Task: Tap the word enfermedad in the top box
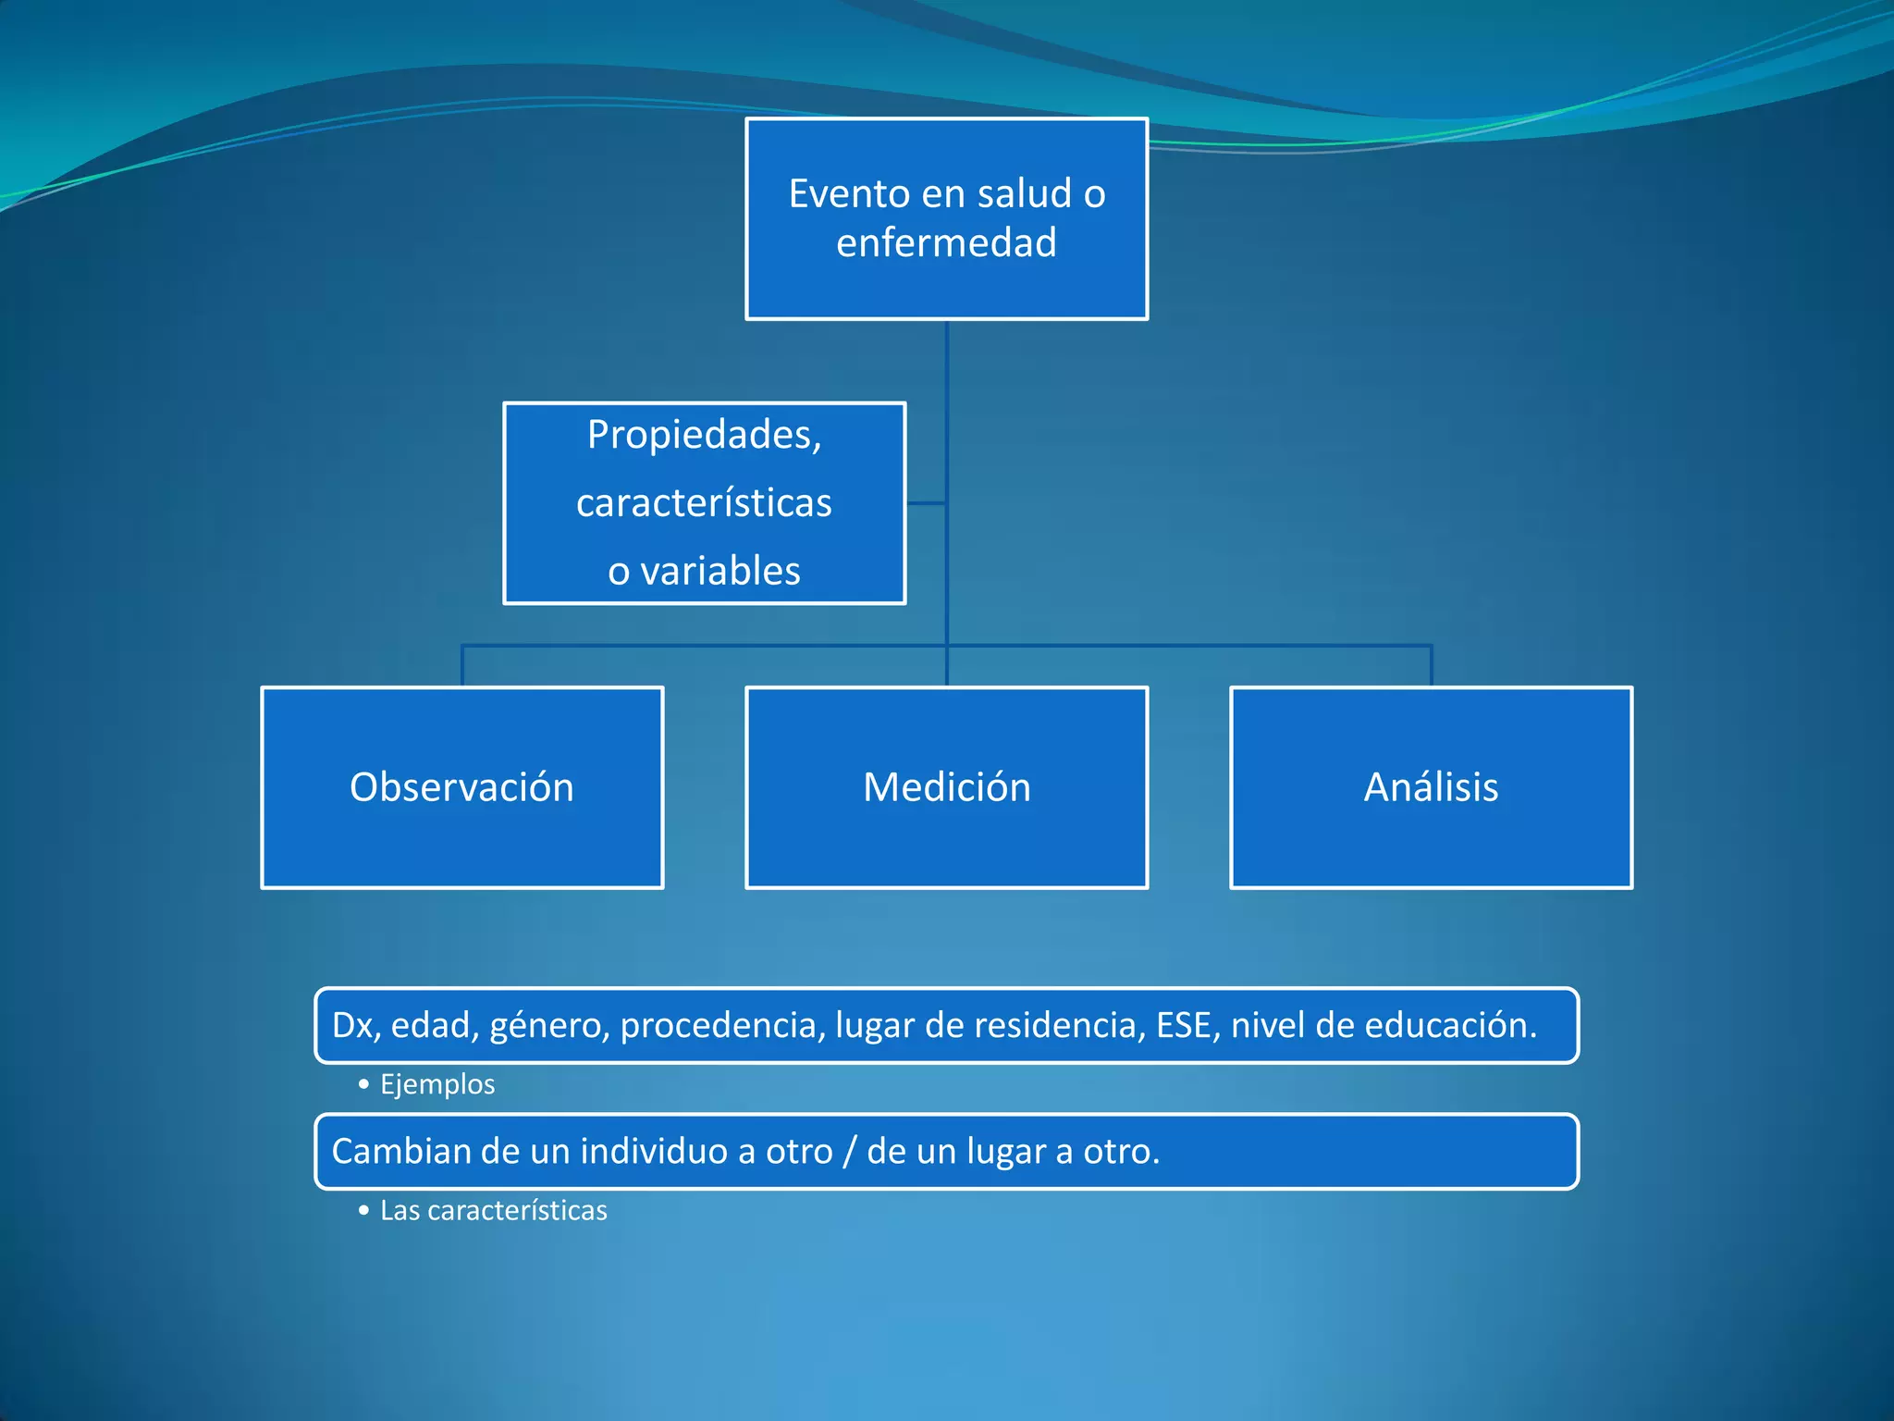[946, 243]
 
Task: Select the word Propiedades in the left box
[703, 435]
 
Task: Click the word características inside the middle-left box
[704, 503]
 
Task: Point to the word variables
[720, 572]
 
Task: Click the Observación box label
[461, 787]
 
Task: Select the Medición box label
[946, 787]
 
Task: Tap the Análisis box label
[1431, 787]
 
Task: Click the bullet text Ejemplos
[437, 1084]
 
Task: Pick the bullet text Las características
[493, 1210]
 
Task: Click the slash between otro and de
[850, 1152]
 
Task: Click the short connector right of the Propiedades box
[926, 503]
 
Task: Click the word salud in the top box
[1025, 194]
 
